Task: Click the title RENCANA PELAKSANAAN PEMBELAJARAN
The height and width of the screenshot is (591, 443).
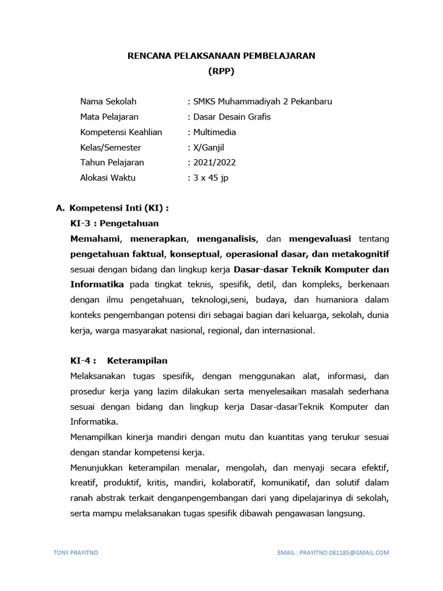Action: [x=221, y=56]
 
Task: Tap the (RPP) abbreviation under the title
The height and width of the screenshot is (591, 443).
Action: [x=221, y=72]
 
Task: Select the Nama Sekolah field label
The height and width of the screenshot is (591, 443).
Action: [x=108, y=102]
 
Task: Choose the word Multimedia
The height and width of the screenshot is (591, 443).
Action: [x=215, y=132]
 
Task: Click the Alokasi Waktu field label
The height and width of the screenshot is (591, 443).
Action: [x=108, y=178]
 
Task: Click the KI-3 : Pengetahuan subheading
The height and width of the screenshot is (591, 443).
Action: [x=114, y=223]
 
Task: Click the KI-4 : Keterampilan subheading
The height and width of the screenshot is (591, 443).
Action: [x=119, y=361]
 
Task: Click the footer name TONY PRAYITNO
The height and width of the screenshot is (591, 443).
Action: [x=76, y=552]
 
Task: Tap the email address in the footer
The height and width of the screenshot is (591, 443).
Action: [x=333, y=552]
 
